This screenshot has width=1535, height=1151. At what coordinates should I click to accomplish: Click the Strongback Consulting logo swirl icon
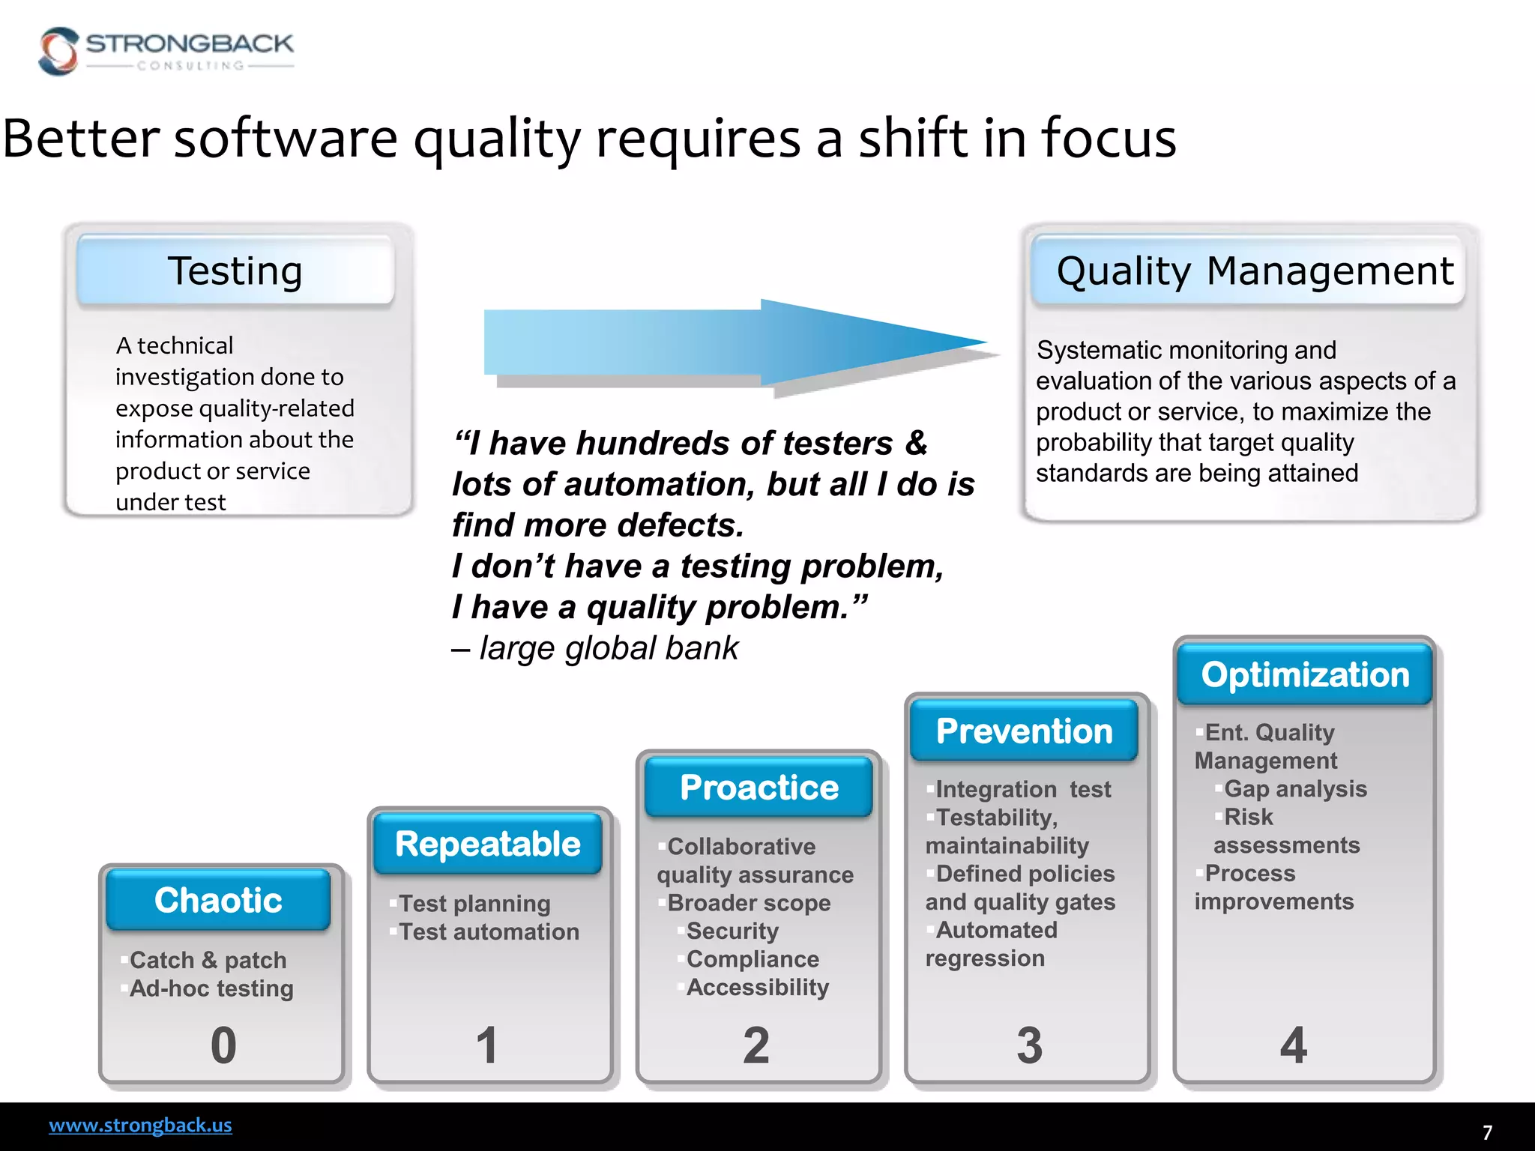tap(58, 51)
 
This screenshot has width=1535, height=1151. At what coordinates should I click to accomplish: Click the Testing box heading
tap(235, 271)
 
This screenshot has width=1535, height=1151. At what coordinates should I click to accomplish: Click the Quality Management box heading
tap(1254, 271)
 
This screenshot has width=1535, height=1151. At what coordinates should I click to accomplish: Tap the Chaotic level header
tap(218, 900)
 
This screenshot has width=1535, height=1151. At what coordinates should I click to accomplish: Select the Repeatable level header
tap(488, 844)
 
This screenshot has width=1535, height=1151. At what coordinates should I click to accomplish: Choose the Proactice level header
tap(759, 787)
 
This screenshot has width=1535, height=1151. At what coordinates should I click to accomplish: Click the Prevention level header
tap(1025, 731)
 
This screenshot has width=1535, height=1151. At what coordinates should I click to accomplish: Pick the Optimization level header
tap(1305, 674)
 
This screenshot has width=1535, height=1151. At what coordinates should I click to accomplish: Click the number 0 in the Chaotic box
tap(223, 1045)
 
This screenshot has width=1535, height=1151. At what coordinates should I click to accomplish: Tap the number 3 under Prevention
tap(1029, 1045)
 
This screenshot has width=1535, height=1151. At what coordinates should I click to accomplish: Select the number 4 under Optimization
tap(1294, 1045)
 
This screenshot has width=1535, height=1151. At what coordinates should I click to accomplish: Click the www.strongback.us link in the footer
tap(140, 1125)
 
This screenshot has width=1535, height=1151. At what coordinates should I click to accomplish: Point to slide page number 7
tap(1487, 1132)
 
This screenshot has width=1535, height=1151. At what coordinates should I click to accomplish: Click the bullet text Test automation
tap(489, 931)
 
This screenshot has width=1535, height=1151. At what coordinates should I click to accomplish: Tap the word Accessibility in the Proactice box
tap(758, 988)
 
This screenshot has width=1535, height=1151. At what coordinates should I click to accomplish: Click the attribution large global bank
tap(609, 648)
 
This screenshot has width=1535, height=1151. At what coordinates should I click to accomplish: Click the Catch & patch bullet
tap(208, 960)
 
